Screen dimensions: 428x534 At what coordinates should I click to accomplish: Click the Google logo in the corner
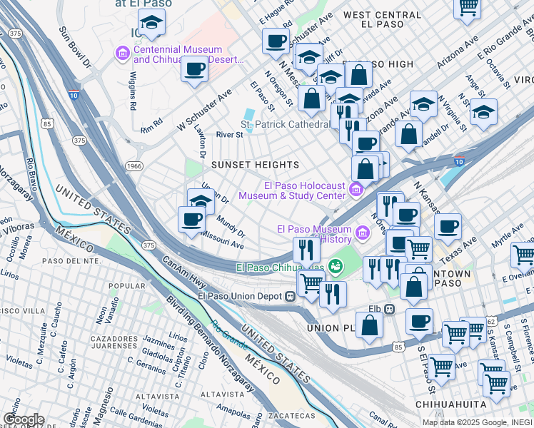[x=24, y=419]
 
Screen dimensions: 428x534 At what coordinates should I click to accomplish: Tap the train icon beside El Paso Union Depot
[x=291, y=296]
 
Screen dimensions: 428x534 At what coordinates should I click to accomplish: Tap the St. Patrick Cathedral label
[x=284, y=124]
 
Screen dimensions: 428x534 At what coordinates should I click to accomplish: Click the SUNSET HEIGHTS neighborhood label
[x=255, y=165]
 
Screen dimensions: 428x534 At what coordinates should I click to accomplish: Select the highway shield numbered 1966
[x=134, y=166]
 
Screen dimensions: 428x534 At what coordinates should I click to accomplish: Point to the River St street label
[x=230, y=134]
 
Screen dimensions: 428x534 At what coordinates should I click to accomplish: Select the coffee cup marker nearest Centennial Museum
[x=195, y=70]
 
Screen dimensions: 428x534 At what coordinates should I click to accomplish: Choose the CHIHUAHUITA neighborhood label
[x=451, y=404]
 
